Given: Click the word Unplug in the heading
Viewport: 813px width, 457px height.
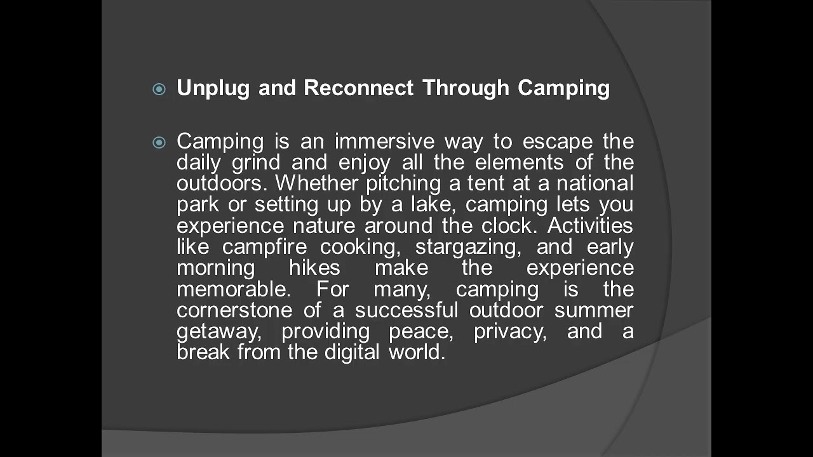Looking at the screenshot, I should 213,88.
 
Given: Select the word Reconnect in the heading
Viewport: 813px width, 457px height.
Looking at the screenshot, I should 358,88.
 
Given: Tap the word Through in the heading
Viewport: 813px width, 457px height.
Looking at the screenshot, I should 466,88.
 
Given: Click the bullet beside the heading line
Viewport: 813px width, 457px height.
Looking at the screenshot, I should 159,89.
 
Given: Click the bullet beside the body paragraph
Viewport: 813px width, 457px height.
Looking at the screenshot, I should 159,143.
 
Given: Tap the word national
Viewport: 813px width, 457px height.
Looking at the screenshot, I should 595,183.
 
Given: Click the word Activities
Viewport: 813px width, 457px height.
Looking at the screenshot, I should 590,225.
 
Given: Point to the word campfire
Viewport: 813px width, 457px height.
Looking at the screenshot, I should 265,247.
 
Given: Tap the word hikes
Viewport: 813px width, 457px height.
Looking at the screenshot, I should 314,268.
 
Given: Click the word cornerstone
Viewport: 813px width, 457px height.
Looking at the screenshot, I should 234,310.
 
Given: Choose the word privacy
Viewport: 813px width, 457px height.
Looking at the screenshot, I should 510,331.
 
